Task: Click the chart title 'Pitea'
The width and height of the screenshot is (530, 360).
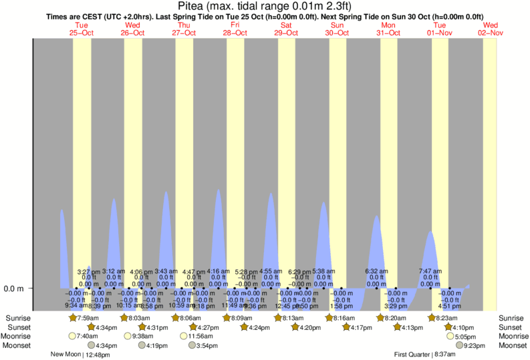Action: [x=265, y=6]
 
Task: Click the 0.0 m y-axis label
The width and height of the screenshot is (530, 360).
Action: [x=14, y=289]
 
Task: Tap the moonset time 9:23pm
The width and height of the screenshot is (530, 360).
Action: [x=475, y=345]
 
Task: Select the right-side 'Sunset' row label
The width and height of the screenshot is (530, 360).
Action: [x=511, y=328]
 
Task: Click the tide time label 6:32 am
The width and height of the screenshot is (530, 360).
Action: [x=376, y=272]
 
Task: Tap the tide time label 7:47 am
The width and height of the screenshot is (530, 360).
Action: [x=430, y=272]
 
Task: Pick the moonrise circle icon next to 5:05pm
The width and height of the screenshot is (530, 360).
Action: [x=450, y=337]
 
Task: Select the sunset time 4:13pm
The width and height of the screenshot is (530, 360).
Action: [x=413, y=328]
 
